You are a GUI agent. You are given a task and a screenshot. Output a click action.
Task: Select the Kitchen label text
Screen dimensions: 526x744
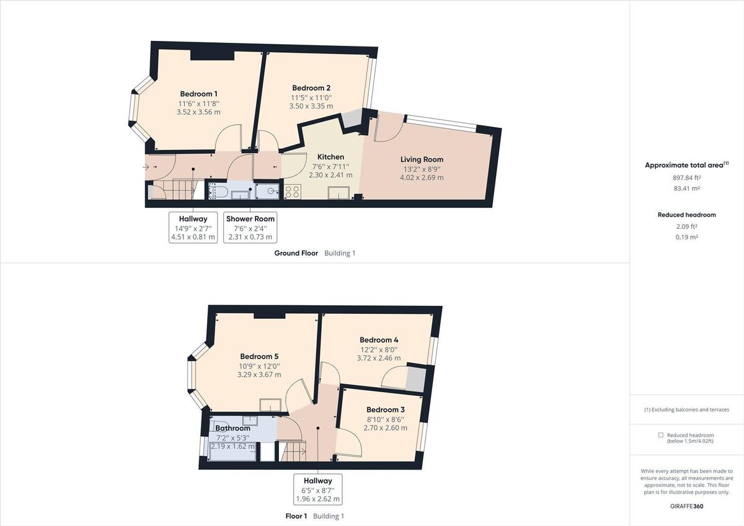[330, 157]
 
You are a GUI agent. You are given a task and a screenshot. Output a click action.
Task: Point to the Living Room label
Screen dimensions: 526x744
[422, 159]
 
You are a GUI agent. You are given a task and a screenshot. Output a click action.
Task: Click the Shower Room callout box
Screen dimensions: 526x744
[250, 227]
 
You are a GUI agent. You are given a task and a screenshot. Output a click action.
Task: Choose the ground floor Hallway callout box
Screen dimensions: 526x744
[193, 227]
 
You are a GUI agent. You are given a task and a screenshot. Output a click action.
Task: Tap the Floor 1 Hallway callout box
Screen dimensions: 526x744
[317, 489]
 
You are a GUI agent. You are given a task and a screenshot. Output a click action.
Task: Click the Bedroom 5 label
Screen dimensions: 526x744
[259, 357]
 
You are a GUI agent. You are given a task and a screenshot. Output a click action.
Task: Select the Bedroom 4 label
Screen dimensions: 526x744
[379, 340]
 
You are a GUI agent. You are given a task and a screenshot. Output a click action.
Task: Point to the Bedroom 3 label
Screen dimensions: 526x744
[385, 410]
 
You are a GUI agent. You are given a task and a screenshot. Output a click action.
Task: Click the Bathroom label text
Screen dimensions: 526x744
[232, 429]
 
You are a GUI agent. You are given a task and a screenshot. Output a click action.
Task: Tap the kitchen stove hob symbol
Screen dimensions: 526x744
[292, 192]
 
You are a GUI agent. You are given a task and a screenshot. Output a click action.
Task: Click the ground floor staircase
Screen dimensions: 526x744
[184, 189]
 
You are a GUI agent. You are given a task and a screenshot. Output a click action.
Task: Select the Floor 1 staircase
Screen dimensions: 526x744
[293, 451]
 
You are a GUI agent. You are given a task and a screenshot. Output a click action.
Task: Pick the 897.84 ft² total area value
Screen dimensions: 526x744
[686, 177]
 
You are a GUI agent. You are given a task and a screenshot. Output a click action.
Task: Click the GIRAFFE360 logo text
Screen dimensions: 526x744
[686, 506]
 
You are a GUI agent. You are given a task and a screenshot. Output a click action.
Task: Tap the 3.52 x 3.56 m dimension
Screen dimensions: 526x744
[198, 112]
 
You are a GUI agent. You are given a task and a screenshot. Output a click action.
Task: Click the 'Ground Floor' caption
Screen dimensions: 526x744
[296, 253]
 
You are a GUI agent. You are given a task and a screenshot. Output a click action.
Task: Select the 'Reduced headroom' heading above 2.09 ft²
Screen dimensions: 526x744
[686, 215]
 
